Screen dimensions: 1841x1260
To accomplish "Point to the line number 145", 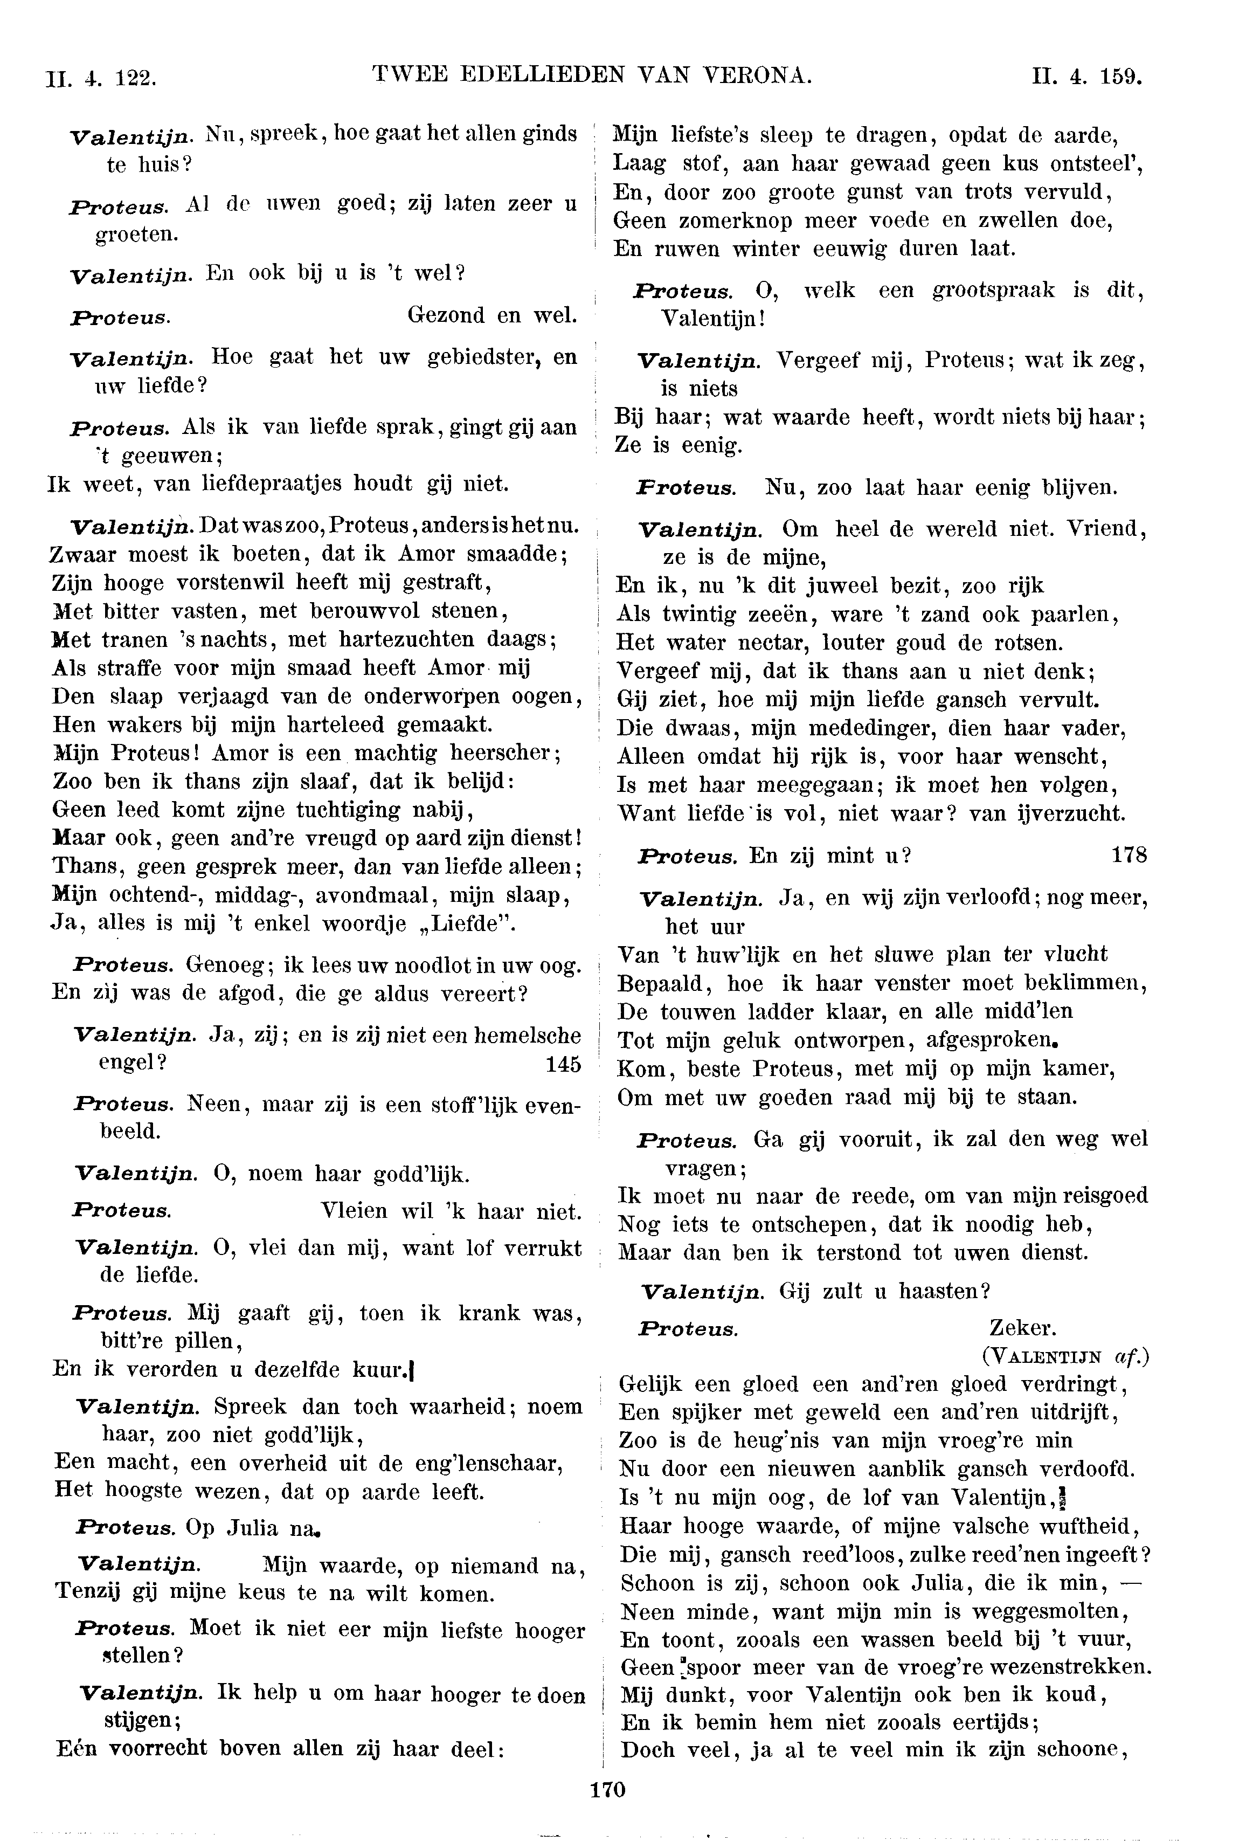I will click(563, 1064).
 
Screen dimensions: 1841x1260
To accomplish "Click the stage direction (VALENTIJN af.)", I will click(1065, 1356).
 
